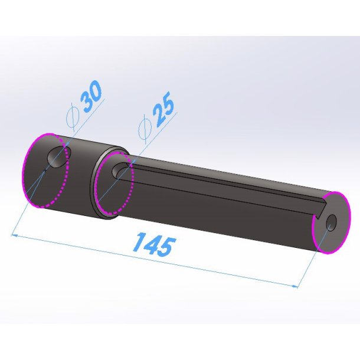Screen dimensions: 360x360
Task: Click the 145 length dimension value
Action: click(x=154, y=244)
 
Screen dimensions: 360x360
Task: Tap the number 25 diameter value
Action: click(x=164, y=109)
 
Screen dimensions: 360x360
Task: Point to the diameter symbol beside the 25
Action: click(x=145, y=129)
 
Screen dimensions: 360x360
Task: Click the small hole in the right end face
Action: click(x=331, y=222)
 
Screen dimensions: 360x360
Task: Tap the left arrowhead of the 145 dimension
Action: click(x=14, y=235)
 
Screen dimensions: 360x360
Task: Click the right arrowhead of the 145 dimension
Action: click(x=294, y=286)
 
